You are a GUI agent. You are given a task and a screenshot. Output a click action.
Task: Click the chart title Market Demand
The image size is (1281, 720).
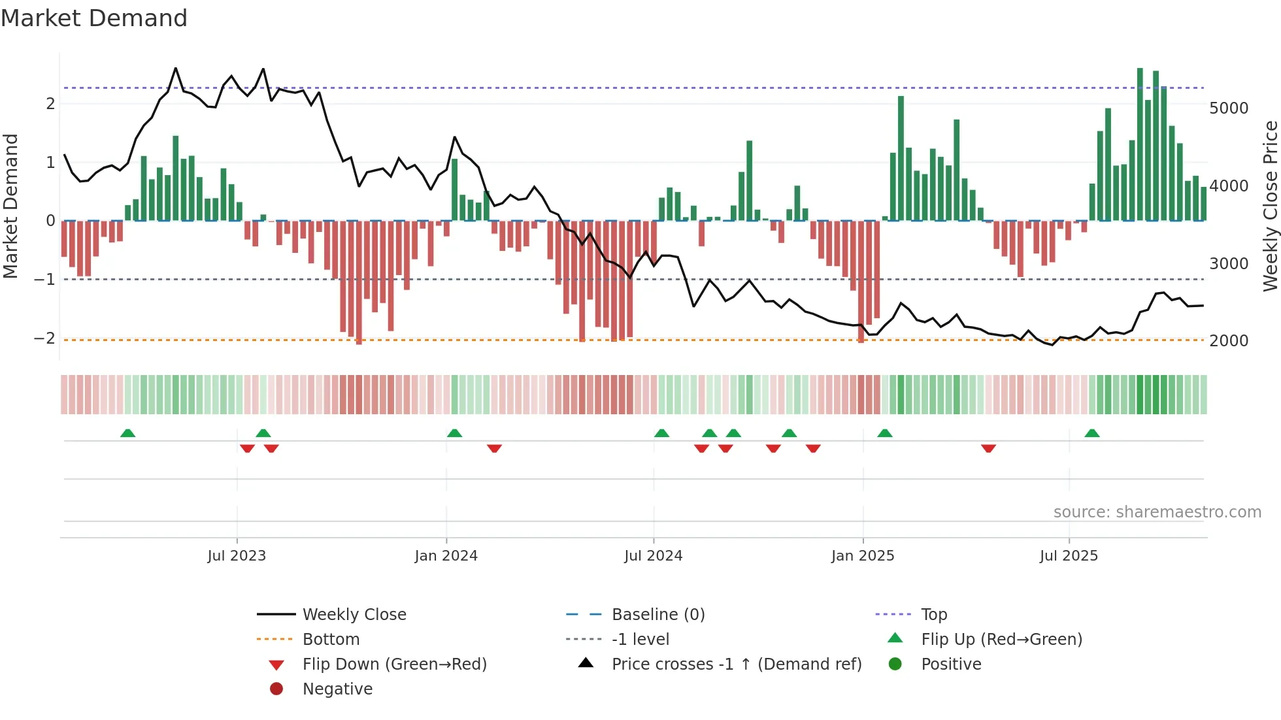(94, 18)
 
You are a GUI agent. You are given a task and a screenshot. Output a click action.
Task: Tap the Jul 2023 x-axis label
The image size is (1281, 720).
(237, 556)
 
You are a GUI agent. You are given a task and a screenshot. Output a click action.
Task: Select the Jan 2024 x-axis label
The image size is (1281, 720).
(446, 556)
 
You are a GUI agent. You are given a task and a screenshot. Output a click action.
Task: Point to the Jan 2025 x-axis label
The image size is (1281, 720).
(862, 556)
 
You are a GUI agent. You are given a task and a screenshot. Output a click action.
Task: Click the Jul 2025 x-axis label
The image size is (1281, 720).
(1069, 556)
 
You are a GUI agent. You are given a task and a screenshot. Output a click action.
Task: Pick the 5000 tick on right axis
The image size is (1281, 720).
(1228, 108)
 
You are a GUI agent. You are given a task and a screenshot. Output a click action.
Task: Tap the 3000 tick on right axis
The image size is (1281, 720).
(1228, 264)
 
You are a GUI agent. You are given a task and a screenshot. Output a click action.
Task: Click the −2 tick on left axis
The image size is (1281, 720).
(44, 338)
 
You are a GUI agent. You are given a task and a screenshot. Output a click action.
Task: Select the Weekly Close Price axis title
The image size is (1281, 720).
(1270, 206)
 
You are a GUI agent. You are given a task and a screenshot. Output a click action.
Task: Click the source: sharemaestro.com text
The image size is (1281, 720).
(1157, 512)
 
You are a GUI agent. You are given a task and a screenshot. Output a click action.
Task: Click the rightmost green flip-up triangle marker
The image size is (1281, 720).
(1091, 433)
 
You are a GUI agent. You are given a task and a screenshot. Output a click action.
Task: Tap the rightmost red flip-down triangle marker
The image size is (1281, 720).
(988, 448)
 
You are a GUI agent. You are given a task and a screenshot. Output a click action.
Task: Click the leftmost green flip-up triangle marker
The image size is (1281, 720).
(128, 433)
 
